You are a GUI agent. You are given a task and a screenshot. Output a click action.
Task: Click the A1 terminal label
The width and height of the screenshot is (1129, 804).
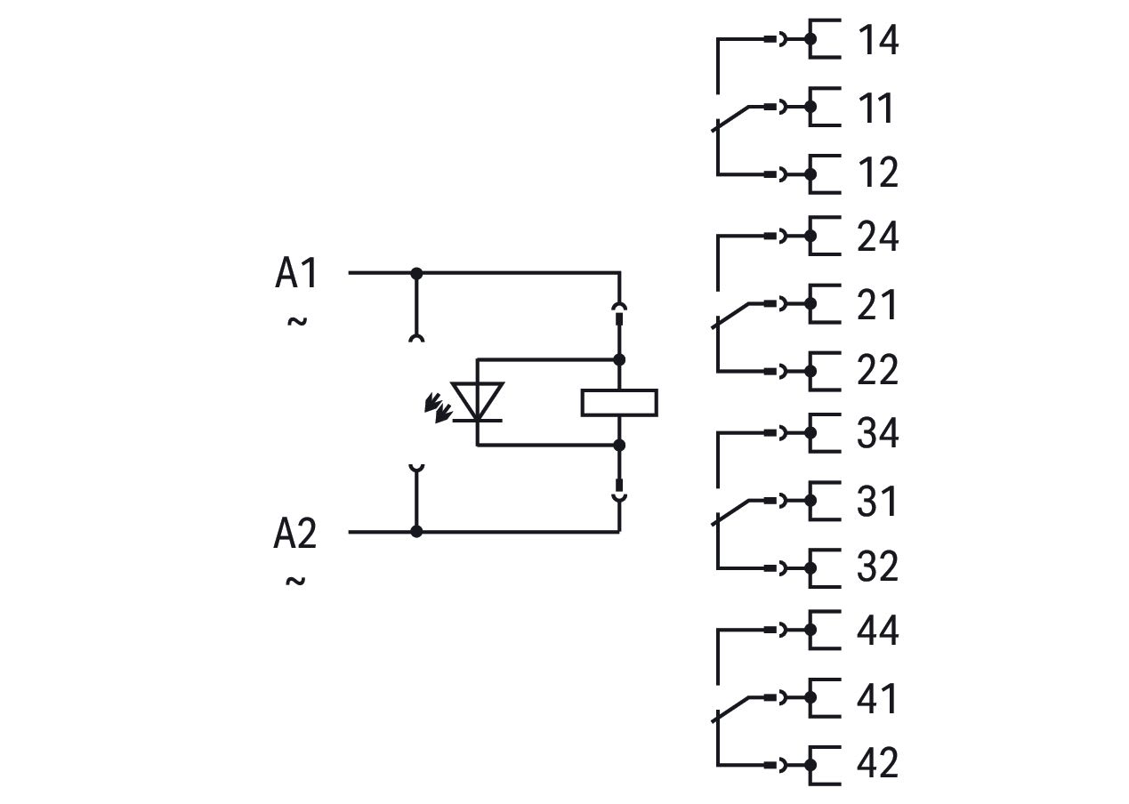click(296, 272)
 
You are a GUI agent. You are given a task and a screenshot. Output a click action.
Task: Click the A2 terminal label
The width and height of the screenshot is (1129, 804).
click(295, 533)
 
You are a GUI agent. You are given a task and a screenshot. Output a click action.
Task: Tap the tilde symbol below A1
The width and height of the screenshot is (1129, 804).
click(297, 321)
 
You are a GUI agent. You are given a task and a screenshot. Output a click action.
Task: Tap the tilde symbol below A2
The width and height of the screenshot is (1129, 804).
click(295, 581)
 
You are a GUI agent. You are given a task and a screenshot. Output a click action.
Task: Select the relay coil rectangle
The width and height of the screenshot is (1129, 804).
click(619, 403)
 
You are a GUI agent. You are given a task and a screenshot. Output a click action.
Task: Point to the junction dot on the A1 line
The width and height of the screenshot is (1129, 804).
click(416, 274)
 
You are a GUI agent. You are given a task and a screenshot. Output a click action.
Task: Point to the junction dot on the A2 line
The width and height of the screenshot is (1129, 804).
click(416, 531)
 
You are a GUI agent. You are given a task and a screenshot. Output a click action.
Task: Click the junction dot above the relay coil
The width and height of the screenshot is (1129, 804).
click(619, 359)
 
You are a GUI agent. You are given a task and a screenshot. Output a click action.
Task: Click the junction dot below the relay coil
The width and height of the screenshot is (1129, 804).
click(619, 446)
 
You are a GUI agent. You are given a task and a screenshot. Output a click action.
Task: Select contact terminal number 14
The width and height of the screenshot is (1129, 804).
click(878, 39)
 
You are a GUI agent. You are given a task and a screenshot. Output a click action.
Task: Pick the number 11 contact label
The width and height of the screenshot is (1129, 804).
click(876, 108)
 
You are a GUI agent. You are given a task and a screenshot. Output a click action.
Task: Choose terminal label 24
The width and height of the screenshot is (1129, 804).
click(877, 237)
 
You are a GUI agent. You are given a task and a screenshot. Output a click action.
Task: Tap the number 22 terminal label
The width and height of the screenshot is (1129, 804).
click(877, 370)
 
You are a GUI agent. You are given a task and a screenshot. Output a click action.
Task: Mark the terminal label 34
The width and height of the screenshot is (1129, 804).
click(877, 433)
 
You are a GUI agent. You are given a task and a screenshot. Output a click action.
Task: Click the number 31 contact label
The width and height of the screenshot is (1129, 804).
click(876, 502)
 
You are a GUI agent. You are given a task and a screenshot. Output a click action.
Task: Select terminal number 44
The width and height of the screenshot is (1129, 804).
click(877, 630)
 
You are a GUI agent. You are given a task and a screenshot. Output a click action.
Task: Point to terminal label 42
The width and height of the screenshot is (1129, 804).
click(877, 763)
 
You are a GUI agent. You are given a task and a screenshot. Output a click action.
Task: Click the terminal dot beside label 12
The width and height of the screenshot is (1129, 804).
click(810, 175)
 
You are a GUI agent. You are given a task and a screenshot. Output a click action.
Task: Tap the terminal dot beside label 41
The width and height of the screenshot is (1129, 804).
click(810, 697)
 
